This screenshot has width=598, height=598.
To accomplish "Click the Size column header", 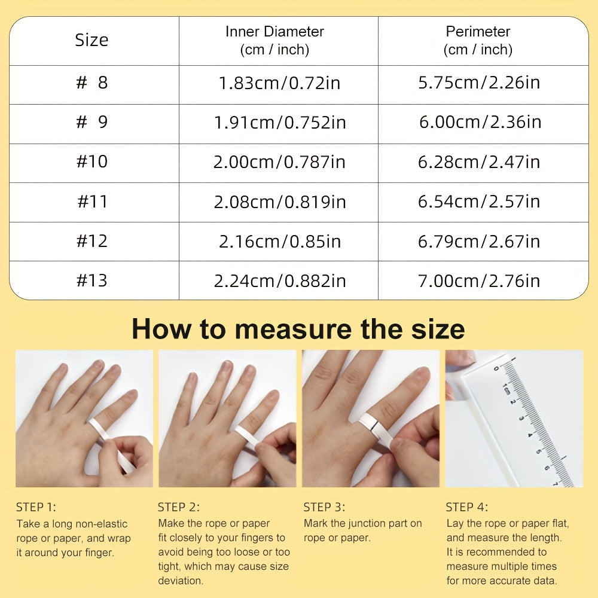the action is (x=91, y=40).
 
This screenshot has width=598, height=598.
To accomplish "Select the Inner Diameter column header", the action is (x=274, y=41).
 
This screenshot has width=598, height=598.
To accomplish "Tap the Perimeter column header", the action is (x=478, y=41).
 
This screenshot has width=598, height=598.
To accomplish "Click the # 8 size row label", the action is (x=92, y=83).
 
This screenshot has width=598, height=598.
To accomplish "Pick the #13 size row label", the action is (x=92, y=280).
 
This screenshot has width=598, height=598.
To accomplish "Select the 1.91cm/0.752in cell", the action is (x=280, y=123).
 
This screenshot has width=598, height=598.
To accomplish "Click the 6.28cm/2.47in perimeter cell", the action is (x=479, y=161).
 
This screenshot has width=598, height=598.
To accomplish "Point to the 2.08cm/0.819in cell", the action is (x=280, y=202).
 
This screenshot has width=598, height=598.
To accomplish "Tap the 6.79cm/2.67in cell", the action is (x=479, y=241).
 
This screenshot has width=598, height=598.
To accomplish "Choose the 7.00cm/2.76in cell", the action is (x=479, y=280).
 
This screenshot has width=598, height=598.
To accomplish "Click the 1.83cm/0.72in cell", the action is (x=279, y=83).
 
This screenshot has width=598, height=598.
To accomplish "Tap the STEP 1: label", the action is (x=36, y=507).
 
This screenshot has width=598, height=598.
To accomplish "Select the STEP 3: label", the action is (x=324, y=507).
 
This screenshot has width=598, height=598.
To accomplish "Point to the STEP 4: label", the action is (x=467, y=507).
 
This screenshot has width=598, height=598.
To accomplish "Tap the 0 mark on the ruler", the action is (x=496, y=369).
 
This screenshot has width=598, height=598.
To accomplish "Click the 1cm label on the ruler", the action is (x=506, y=389).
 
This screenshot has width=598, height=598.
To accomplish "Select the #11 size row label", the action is (x=92, y=202).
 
